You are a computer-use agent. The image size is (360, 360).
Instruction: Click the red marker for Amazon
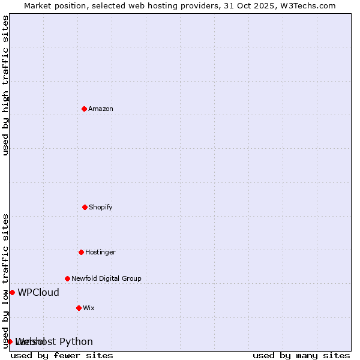[85, 109]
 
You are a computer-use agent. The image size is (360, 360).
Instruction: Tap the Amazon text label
[101, 109]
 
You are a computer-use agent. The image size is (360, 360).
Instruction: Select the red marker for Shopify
[85, 207]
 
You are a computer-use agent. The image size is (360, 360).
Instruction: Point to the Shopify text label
[101, 207]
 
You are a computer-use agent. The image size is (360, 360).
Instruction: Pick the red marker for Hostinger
[81, 252]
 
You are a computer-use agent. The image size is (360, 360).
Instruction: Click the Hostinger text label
[100, 252]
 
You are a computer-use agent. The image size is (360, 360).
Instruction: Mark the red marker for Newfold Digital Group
[67, 278]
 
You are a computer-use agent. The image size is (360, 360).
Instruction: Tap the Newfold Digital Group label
[106, 278]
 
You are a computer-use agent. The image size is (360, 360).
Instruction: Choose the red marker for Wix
[79, 308]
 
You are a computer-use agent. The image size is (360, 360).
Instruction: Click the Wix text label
[89, 308]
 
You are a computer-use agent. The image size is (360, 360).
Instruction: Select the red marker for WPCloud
[12, 292]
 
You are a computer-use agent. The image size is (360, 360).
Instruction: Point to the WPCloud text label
[38, 293]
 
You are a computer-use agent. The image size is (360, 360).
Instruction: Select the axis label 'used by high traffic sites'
[6, 85]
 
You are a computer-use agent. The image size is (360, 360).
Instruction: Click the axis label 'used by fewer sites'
[62, 355]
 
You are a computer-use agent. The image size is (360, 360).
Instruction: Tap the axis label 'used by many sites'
[301, 355]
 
